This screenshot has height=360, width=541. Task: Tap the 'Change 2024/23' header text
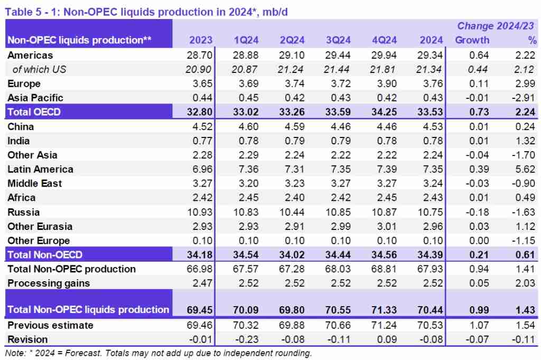496,26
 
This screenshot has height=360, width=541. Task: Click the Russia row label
24,212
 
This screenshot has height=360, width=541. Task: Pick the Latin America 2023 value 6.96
201,169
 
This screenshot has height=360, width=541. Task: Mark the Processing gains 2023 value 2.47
201,283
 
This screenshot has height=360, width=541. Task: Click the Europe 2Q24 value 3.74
294,84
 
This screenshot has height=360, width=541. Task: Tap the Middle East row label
35,183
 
